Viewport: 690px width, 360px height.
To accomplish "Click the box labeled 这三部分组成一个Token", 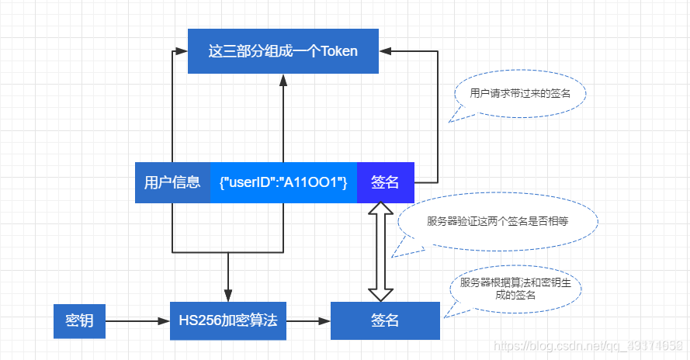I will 283,51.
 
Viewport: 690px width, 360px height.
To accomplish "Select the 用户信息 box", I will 172,182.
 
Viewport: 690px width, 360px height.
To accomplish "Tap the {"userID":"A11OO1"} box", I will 283,182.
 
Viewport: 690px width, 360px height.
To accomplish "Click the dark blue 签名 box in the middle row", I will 385,182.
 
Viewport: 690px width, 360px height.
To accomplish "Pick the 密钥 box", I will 79,320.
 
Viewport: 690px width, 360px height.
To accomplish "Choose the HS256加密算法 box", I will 227,320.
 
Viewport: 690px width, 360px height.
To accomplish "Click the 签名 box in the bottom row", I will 385,320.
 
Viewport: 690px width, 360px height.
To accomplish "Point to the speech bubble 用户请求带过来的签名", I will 519,93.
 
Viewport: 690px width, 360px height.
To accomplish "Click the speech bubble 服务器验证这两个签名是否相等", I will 498,221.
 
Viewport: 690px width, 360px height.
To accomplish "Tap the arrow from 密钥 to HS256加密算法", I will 137,320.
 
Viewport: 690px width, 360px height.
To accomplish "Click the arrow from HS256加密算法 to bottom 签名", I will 308,320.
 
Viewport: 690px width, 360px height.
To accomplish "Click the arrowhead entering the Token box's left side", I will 181,50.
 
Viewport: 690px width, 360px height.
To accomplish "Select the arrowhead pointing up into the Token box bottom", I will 283,80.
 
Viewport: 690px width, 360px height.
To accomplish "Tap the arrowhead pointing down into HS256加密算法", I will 228,296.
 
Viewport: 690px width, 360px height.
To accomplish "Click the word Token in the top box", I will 339,51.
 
